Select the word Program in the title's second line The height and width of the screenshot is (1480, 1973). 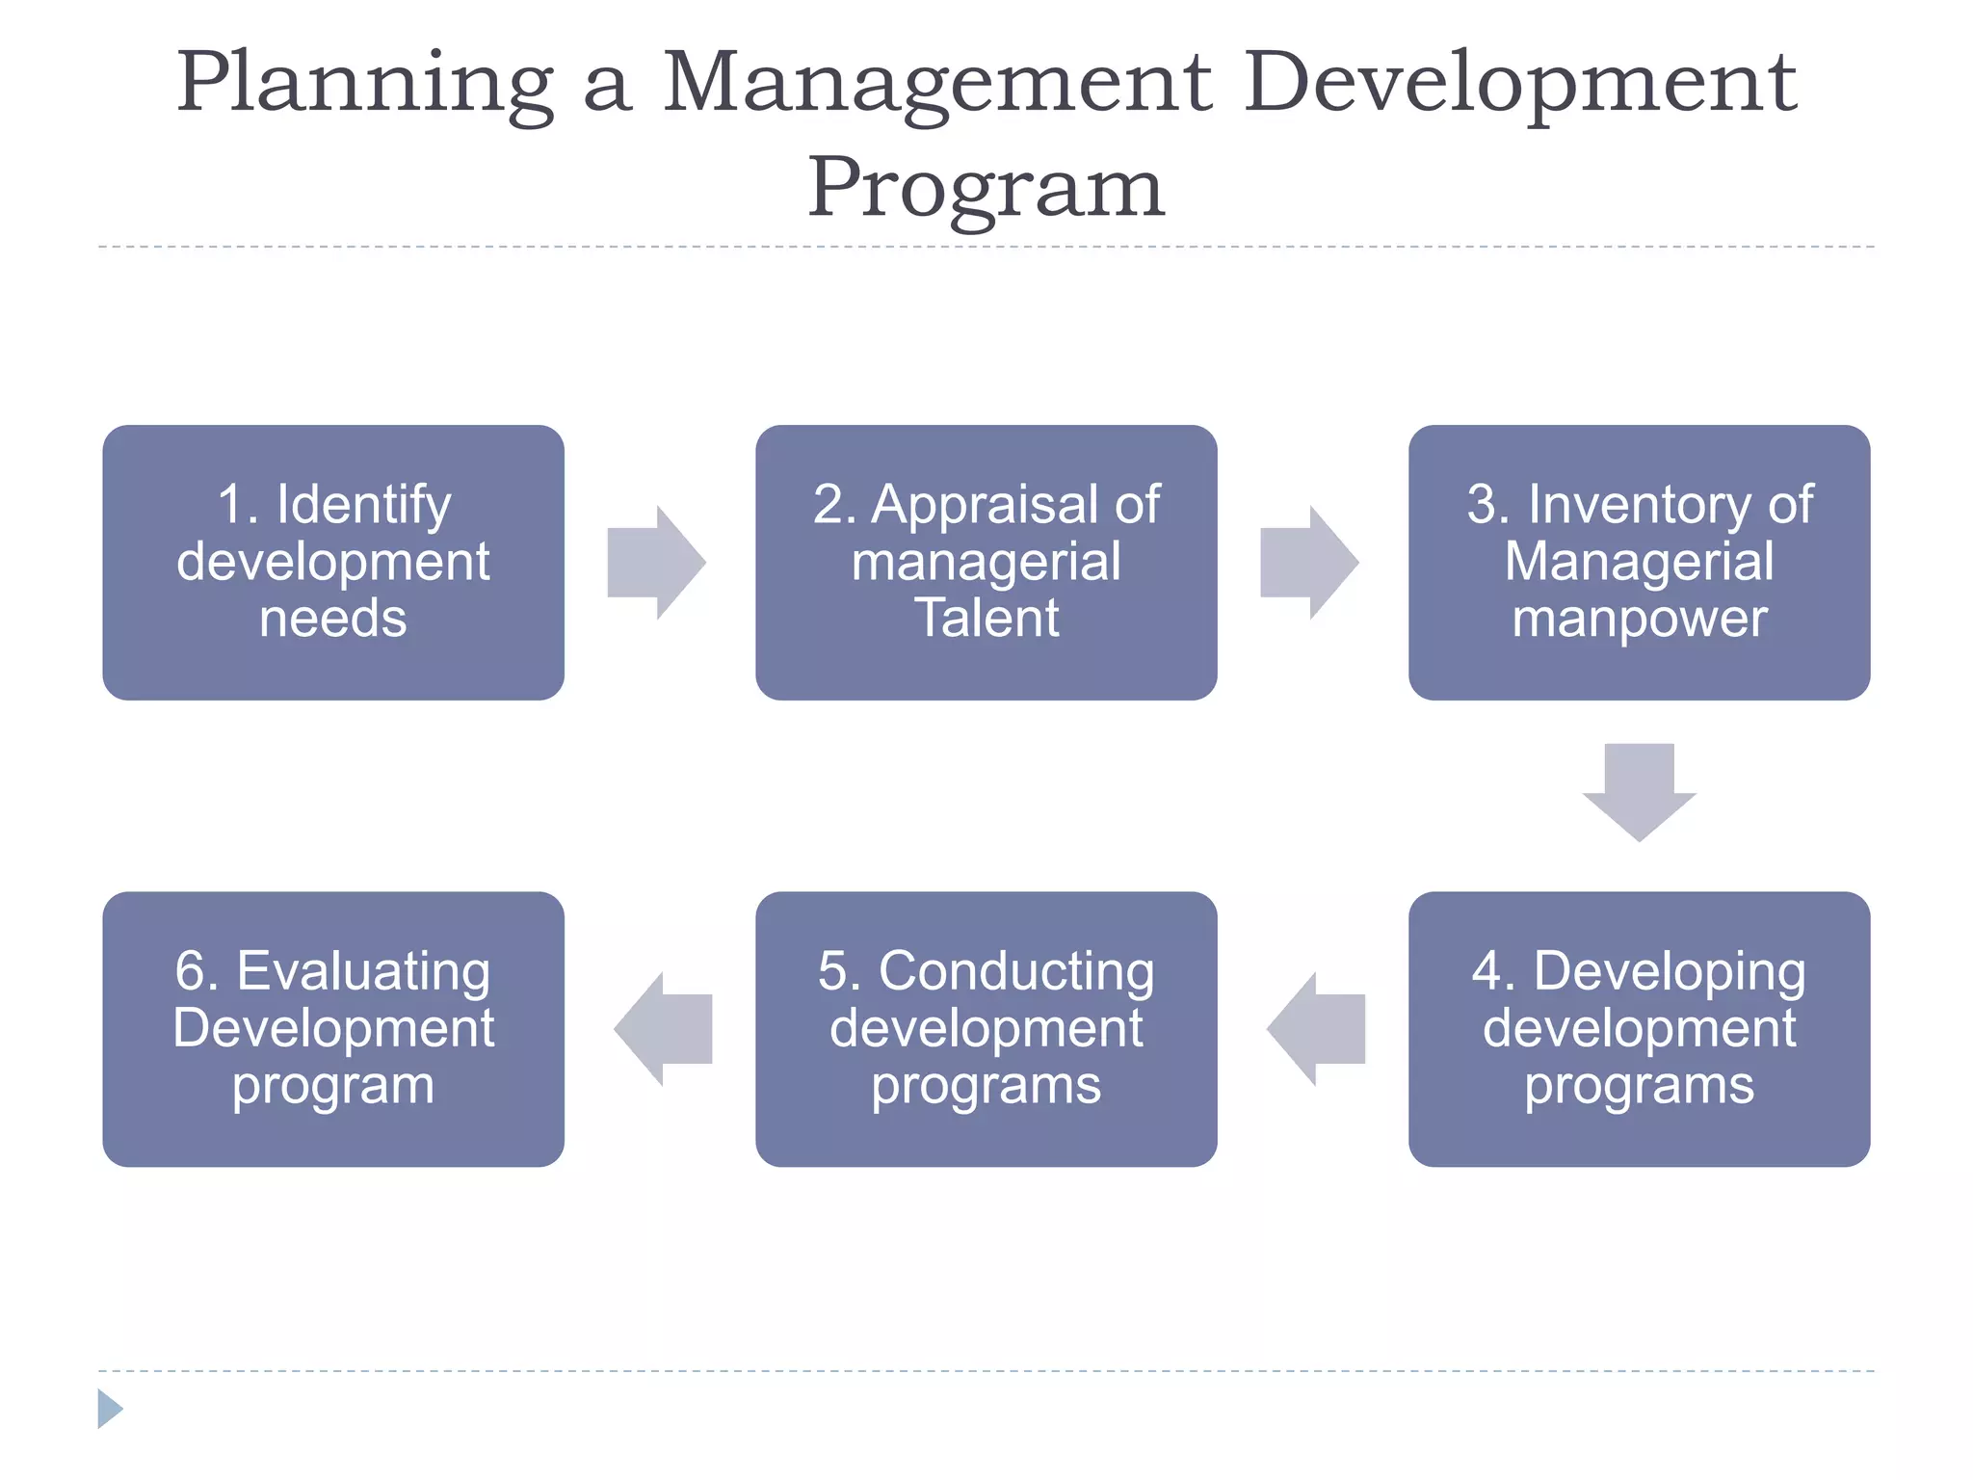(x=986, y=189)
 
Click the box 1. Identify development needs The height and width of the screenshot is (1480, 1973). (x=333, y=562)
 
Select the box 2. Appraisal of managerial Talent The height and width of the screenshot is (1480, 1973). (x=986, y=562)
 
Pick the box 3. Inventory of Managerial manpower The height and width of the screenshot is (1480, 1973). (x=1639, y=562)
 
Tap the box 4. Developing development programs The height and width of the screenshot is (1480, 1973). (x=1639, y=1028)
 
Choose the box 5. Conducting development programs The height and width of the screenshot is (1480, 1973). (x=986, y=1028)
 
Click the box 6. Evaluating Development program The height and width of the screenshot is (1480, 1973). (x=333, y=1028)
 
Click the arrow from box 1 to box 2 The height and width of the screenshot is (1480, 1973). (x=655, y=562)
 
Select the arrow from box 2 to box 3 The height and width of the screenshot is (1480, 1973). (x=1308, y=562)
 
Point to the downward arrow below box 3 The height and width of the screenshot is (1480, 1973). (x=1639, y=790)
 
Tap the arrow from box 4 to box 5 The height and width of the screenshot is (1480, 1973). (x=1317, y=1028)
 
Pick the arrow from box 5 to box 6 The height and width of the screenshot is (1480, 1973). (x=664, y=1028)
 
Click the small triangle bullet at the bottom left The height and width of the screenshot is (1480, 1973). (x=109, y=1409)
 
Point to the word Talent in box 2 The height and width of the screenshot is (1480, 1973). (x=986, y=619)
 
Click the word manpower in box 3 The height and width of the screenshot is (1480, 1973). (x=1639, y=619)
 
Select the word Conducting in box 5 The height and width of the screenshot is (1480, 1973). (x=1015, y=971)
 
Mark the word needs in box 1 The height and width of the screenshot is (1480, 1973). (x=333, y=619)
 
